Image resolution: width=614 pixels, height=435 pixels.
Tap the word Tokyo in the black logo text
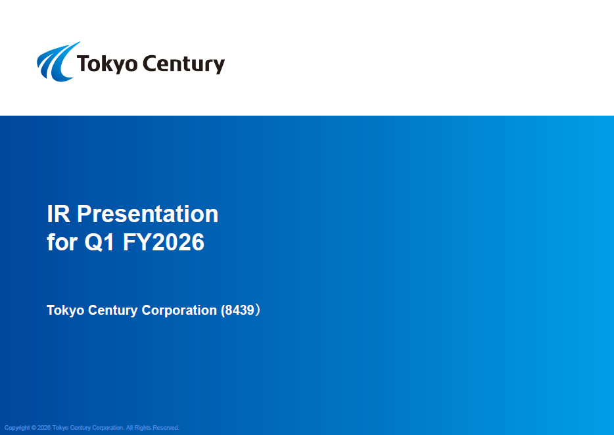(x=107, y=64)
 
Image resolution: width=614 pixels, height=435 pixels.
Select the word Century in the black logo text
(x=183, y=64)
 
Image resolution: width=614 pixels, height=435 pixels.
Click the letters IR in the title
(x=59, y=214)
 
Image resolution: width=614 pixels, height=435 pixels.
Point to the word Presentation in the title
(x=148, y=214)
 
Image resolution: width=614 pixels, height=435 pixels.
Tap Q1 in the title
(x=99, y=242)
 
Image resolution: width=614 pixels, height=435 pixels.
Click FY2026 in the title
(x=164, y=242)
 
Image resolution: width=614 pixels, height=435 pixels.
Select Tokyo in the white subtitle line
(x=65, y=310)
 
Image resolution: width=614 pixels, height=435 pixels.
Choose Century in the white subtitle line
(x=113, y=310)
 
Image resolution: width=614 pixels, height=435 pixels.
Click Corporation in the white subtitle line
(x=179, y=310)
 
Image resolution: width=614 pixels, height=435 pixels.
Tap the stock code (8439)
(x=241, y=310)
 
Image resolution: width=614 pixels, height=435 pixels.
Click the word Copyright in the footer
(x=17, y=428)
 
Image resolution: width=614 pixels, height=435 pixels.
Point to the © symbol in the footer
(x=34, y=428)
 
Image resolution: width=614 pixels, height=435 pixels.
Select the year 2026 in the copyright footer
(x=44, y=428)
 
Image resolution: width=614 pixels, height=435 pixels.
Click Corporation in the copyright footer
(x=108, y=428)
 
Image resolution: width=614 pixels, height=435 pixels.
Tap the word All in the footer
(x=130, y=428)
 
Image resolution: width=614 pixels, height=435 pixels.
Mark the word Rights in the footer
(x=143, y=428)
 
